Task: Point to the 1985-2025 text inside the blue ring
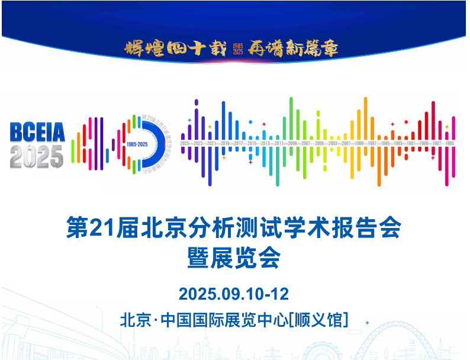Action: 137,144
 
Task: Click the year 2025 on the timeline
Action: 185,144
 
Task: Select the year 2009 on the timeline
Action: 292,144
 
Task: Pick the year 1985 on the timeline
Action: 450,144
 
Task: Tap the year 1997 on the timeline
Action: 372,144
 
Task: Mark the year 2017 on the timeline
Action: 239,144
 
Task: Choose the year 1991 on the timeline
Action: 411,144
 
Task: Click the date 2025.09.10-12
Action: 234,294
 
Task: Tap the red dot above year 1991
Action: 406,122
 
